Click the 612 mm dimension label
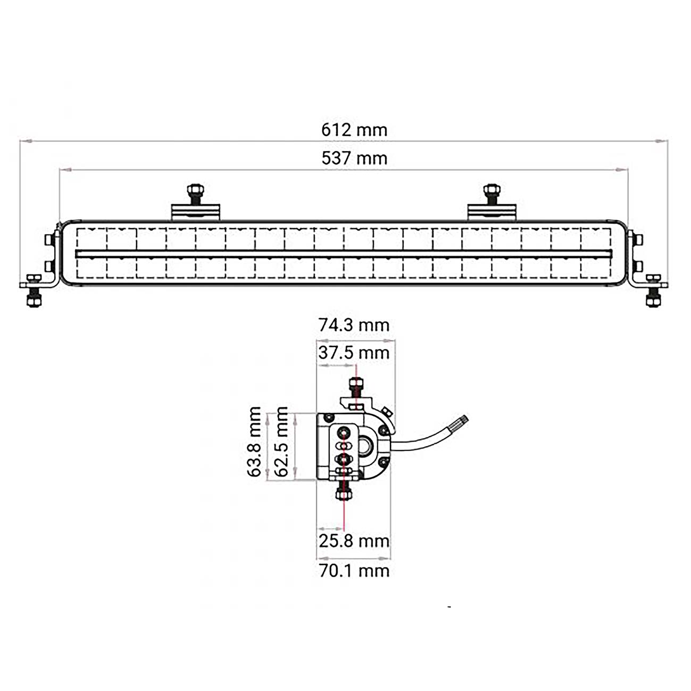[x=354, y=130]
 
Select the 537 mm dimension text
[x=354, y=159]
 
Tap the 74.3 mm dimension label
[x=354, y=324]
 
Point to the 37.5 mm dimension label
[x=354, y=353]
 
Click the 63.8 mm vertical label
[x=255, y=442]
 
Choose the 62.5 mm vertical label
[x=282, y=442]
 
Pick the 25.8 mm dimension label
[x=354, y=541]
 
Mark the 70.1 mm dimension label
[x=354, y=571]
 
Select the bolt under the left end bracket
[x=34, y=299]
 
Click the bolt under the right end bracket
[x=653, y=299]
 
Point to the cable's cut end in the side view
[x=463, y=420]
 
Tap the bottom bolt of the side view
[x=344, y=494]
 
